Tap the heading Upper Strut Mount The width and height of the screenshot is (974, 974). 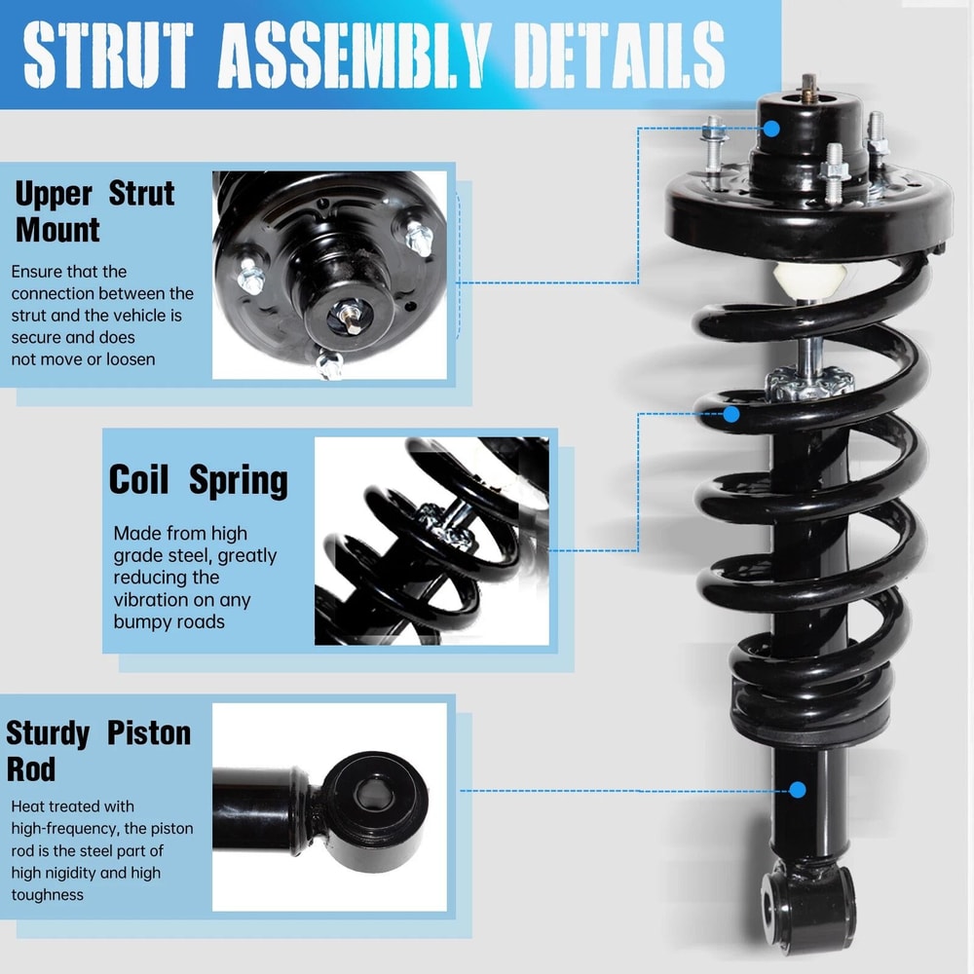point(94,211)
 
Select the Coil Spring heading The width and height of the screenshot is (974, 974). point(198,480)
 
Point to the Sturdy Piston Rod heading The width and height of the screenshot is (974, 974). point(98,750)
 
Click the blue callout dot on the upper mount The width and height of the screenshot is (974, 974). point(771,128)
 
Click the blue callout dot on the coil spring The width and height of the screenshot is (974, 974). point(730,414)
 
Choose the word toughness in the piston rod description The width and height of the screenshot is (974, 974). point(47,894)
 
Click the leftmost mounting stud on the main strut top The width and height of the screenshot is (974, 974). point(711,133)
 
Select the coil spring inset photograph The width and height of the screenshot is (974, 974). point(431,541)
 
